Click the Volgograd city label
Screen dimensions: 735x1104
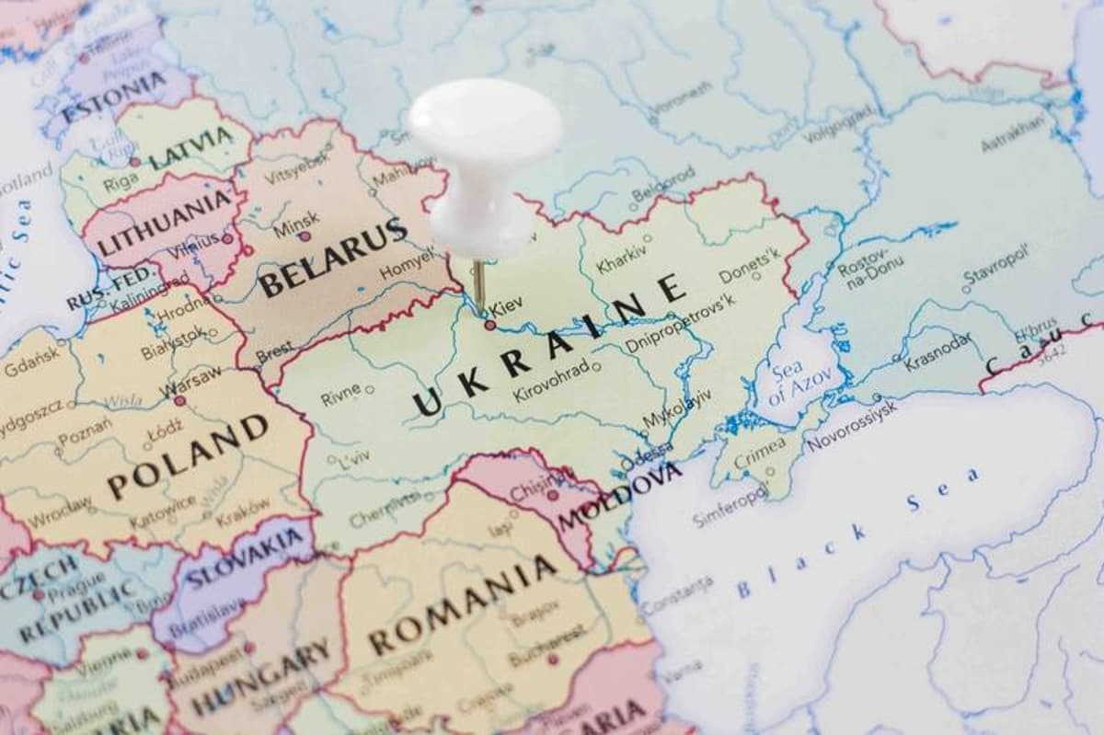(838, 123)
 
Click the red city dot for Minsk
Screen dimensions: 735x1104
(305, 236)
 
